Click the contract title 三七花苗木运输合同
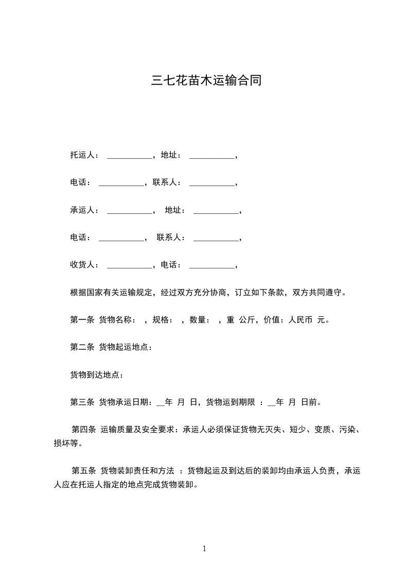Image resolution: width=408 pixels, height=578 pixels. [206, 81]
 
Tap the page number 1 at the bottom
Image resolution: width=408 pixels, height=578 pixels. [204, 549]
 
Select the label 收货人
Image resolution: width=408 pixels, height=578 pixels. [81, 265]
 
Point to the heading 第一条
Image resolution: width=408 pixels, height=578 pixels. [82, 320]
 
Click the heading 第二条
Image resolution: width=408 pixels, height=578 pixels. [82, 347]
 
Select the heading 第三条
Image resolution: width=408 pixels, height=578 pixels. [82, 402]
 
